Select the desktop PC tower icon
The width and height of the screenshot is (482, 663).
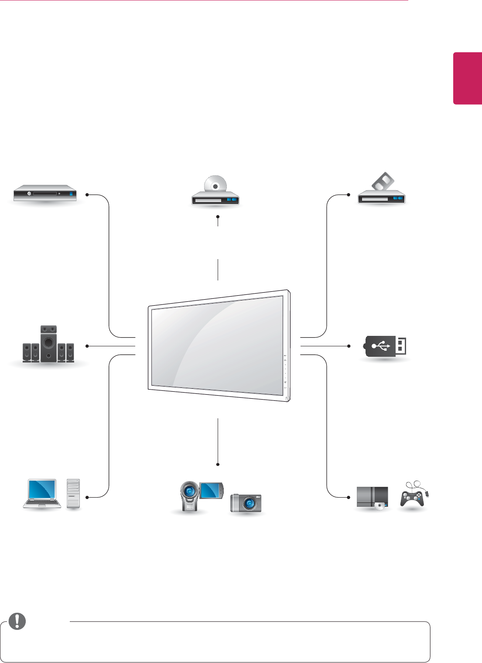click(x=74, y=493)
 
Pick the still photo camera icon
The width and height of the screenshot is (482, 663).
click(x=246, y=503)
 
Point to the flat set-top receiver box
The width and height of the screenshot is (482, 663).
click(x=45, y=193)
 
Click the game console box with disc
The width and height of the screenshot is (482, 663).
click(x=372, y=497)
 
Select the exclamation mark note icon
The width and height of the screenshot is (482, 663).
click(x=17, y=621)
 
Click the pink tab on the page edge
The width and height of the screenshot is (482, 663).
click(x=467, y=79)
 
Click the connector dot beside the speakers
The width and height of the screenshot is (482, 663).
click(x=87, y=346)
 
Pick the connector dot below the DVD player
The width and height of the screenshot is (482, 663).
click(x=217, y=216)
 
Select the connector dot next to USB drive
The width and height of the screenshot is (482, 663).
click(x=349, y=346)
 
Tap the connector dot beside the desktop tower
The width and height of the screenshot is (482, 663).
click(x=87, y=497)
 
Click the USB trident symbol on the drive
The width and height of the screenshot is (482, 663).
click(x=381, y=346)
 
